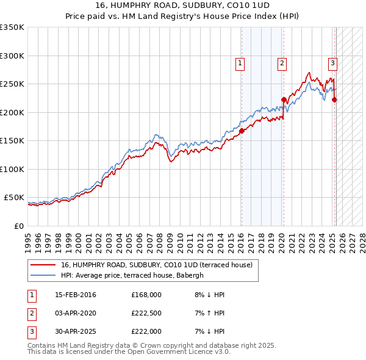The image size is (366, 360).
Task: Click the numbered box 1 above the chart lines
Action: (240, 62)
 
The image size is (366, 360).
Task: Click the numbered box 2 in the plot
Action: (282, 62)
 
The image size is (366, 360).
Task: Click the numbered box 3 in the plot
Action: (332, 62)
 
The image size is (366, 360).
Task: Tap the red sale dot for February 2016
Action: (242, 131)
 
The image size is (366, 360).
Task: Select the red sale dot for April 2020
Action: (284, 99)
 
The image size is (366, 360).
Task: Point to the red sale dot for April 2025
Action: (335, 100)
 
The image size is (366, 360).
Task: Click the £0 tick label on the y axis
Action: (18, 226)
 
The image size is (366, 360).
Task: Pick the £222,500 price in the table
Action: (146, 314)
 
